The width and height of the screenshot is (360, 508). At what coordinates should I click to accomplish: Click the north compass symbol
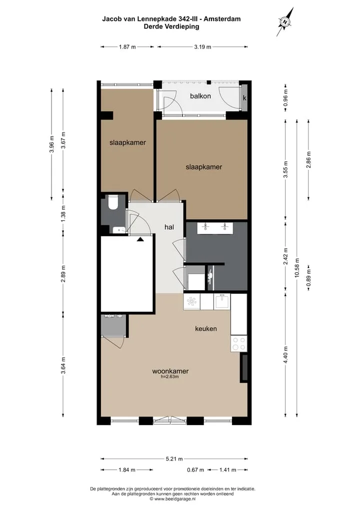[285, 21]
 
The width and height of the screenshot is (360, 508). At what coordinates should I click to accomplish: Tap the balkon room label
[200, 96]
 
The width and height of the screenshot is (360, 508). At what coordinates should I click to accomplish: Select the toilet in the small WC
[113, 201]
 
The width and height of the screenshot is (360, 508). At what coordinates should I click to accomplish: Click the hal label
[169, 227]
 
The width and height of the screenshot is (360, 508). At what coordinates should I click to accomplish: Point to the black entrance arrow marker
[140, 239]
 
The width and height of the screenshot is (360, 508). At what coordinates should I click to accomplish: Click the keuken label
[206, 329]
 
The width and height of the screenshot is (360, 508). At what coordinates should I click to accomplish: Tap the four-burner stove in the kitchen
[239, 344]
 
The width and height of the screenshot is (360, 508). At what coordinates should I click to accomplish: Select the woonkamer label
[170, 371]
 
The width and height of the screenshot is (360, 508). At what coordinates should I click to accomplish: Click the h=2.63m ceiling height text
[170, 377]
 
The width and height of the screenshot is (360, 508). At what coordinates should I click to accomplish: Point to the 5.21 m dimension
[174, 459]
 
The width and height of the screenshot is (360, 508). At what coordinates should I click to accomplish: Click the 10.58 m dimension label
[297, 268]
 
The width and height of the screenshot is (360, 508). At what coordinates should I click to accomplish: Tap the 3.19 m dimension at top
[202, 46]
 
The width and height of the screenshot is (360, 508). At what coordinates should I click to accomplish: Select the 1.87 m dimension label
[127, 46]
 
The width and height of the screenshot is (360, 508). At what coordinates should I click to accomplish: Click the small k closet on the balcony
[244, 97]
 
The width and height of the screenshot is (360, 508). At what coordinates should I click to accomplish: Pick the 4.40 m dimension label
[285, 355]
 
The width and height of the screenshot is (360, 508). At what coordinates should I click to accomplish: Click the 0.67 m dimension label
[195, 470]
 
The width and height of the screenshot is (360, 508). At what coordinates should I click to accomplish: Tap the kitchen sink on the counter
[222, 301]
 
